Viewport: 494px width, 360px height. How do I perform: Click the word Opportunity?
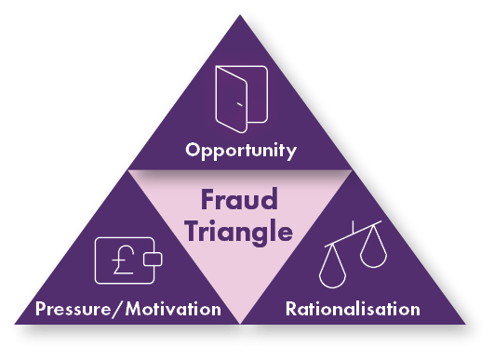coord(241,149)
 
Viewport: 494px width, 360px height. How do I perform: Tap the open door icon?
coord(241,98)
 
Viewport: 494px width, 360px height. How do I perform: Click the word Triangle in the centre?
coord(240,230)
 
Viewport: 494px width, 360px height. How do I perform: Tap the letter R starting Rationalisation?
coord(290,307)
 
